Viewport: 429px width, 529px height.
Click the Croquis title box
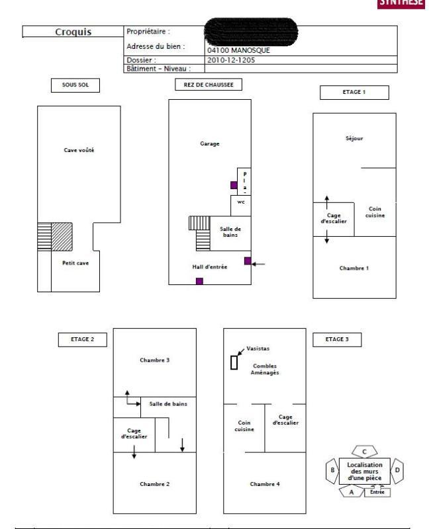tap(72, 32)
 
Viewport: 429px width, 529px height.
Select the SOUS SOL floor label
tap(70, 85)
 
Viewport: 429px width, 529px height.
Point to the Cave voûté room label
tap(78, 150)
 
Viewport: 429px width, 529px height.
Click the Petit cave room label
tap(76, 263)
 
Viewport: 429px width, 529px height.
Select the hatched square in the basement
tap(62, 236)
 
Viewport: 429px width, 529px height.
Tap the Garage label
tap(209, 143)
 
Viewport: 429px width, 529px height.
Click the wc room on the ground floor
tap(240, 203)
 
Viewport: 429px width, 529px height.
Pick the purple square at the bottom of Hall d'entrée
tap(199, 281)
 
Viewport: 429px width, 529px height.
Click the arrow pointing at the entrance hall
tap(259, 264)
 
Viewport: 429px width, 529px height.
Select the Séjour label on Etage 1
tap(354, 139)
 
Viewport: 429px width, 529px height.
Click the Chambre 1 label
tap(354, 268)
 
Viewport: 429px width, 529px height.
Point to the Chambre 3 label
tap(155, 360)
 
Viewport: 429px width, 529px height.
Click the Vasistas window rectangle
tap(234, 362)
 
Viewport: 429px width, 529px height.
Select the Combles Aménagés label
tap(265, 369)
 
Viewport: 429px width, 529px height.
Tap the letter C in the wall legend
tap(365, 451)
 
